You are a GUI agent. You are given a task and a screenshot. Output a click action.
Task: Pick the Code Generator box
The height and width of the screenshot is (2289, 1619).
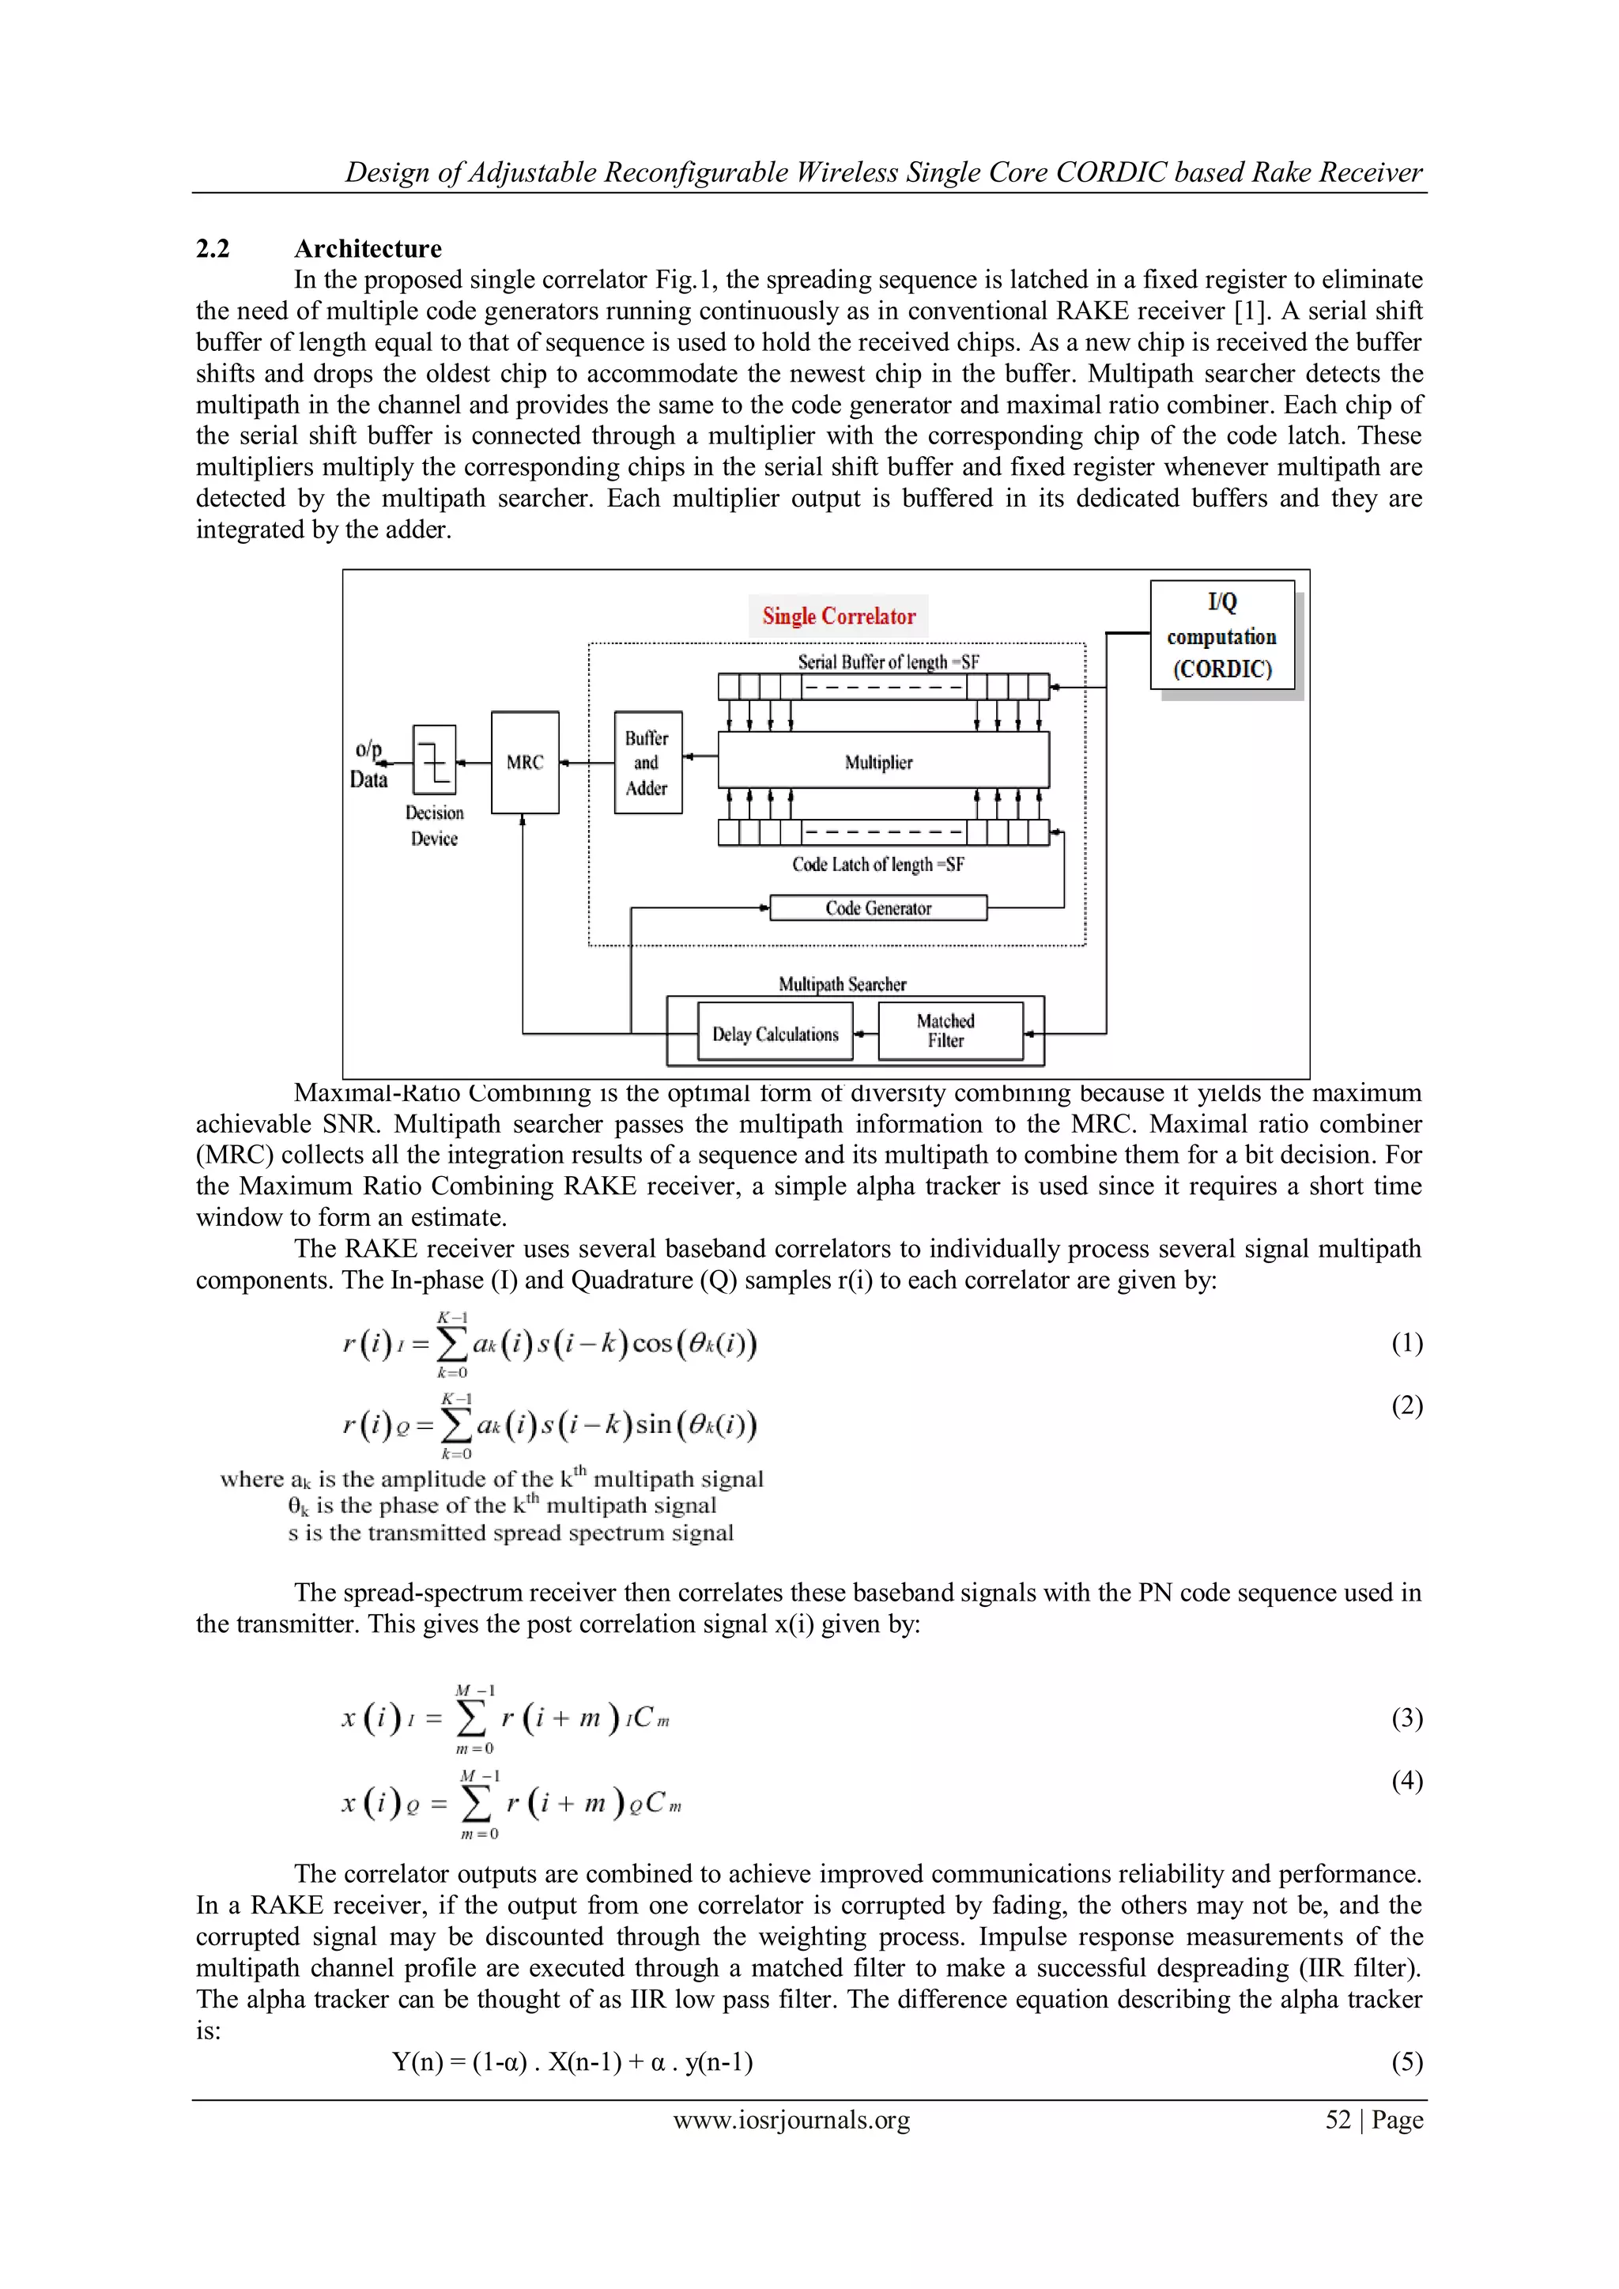[878, 908]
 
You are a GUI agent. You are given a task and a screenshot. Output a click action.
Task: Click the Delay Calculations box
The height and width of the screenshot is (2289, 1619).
[775, 1035]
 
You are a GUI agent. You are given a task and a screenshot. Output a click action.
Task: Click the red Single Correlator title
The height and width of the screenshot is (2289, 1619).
[839, 616]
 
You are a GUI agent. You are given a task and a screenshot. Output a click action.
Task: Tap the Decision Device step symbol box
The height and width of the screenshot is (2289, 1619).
[435, 760]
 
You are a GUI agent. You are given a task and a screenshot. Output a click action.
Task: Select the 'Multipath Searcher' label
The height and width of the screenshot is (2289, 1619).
[843, 984]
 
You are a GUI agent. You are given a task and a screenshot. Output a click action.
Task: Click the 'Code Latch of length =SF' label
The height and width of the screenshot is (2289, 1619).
[878, 865]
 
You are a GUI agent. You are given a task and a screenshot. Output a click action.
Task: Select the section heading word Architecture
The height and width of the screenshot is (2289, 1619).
[368, 248]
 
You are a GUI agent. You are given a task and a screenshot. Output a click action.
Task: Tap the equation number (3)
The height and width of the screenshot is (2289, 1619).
[1406, 1718]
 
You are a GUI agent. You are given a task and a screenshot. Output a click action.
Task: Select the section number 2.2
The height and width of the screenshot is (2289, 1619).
[213, 248]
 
